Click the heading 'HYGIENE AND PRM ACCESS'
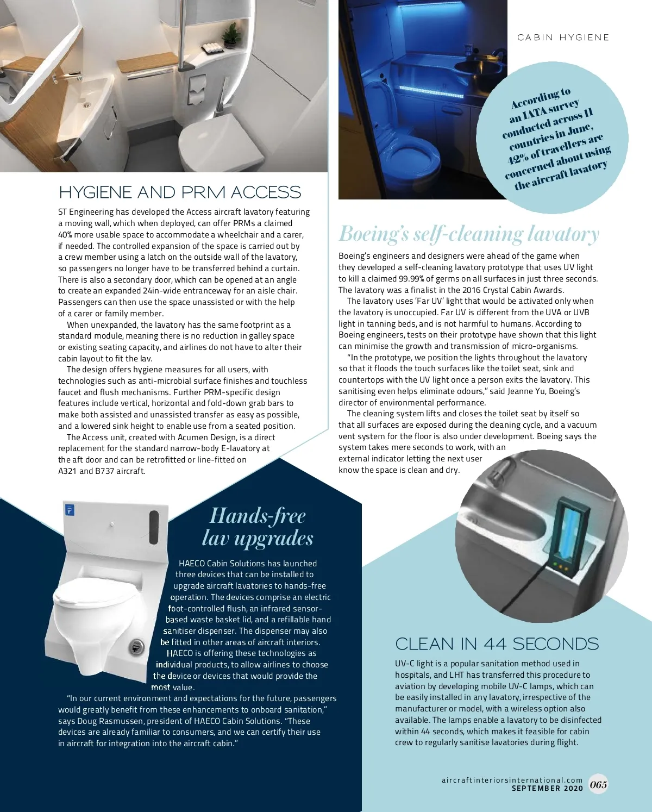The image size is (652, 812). pos(180,192)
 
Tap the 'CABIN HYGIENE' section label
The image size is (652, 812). pos(563,38)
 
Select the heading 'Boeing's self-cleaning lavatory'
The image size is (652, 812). pos(468,234)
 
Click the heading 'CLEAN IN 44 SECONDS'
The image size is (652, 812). pos(497,644)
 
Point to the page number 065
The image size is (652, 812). pos(598,784)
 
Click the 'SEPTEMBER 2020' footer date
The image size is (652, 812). pos(547,788)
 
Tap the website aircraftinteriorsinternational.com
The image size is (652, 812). pos(512,780)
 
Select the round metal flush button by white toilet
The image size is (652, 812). pos(136,647)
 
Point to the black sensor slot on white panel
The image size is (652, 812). pos(154,527)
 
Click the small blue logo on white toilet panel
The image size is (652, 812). pos(70,510)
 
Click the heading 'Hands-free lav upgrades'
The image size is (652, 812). pos(258,526)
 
